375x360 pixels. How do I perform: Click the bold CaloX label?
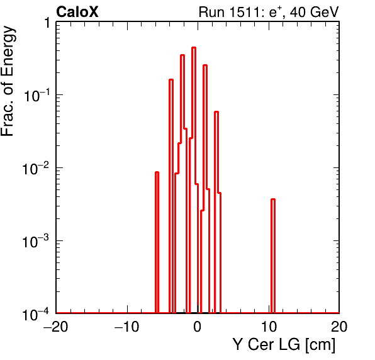[77, 12]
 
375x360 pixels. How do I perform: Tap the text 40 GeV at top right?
[315, 12]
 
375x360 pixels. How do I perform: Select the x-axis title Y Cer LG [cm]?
[284, 345]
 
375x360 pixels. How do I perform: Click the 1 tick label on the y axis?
[47, 23]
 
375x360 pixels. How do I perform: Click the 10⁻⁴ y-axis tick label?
[36, 314]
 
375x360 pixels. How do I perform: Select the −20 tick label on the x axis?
[56, 326]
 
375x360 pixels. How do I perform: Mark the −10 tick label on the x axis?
[126, 326]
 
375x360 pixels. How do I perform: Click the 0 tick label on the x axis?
[198, 326]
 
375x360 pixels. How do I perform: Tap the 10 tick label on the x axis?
[269, 326]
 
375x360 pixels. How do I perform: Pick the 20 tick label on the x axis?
[339, 326]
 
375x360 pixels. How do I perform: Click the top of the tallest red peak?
[194, 48]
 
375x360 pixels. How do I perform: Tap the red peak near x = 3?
[216, 111]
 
